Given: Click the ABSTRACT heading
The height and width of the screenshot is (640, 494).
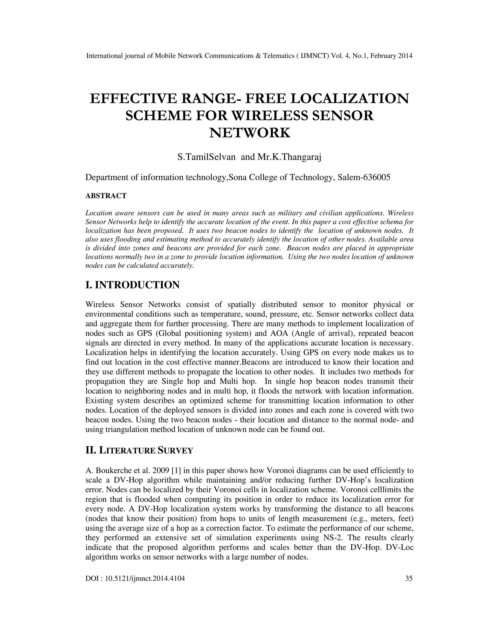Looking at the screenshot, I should (x=106, y=196).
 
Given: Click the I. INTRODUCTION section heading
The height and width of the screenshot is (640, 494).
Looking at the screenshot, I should (x=132, y=285).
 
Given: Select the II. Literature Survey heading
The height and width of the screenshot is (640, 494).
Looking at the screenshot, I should (x=139, y=450).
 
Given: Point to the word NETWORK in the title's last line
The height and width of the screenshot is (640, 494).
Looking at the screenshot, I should (x=250, y=133).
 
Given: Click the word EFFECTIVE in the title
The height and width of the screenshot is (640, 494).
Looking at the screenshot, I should (x=133, y=99).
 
